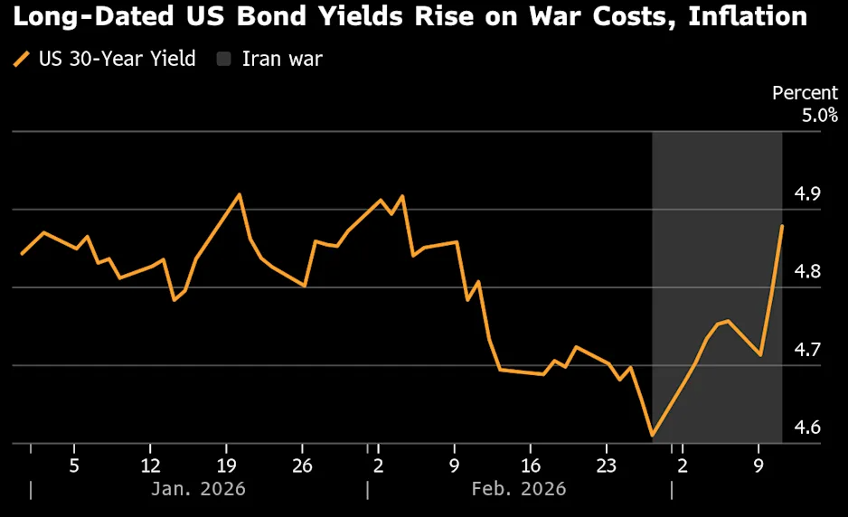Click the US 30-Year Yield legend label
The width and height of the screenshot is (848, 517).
click(117, 60)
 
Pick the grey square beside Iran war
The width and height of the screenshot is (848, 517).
click(225, 60)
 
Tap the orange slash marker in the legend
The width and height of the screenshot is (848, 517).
click(22, 60)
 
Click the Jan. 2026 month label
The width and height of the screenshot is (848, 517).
click(198, 489)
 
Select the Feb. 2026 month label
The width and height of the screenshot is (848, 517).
click(519, 489)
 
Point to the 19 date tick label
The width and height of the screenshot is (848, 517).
click(226, 465)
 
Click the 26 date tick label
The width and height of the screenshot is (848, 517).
click(302, 465)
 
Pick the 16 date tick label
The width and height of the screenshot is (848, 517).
click(532, 465)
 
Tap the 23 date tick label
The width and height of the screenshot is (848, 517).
click(607, 465)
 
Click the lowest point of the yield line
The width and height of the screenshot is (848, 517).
click(652, 436)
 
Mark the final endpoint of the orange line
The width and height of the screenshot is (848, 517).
click(782, 226)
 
